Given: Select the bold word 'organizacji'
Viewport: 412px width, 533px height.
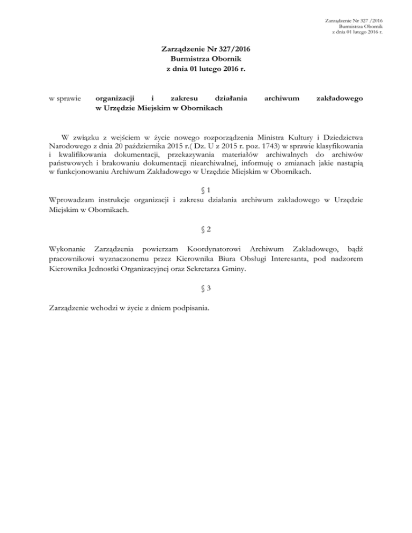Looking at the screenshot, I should pos(114,99).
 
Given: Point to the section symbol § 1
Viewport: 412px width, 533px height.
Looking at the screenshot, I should pos(205,190).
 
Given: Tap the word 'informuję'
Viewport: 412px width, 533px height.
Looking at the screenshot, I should pos(270,164).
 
